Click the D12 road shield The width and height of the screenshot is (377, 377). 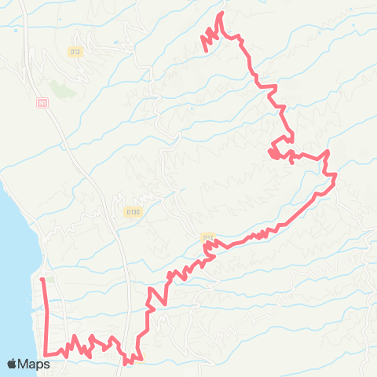(x=75, y=52)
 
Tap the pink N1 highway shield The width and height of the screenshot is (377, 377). (x=42, y=102)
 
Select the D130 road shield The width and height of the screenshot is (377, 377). (x=132, y=211)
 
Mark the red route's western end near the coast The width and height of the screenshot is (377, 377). (x=42, y=279)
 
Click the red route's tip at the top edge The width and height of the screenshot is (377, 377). (x=221, y=13)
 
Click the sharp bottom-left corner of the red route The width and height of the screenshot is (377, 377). (x=46, y=354)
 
